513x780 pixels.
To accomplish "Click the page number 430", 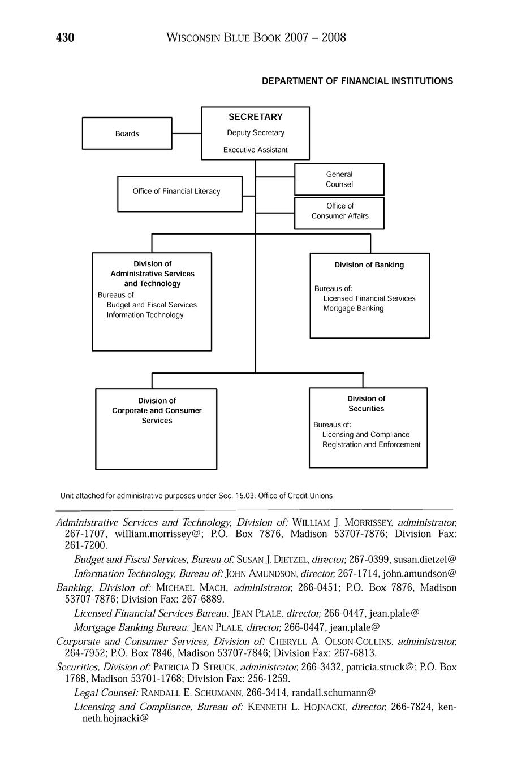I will point(65,38).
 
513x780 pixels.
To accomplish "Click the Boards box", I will point(127,133).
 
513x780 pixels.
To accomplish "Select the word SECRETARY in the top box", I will point(256,117).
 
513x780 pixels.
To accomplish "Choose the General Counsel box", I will point(339,179).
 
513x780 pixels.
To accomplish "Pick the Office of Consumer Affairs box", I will point(339,211).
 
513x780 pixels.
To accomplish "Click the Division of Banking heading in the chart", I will point(369,265).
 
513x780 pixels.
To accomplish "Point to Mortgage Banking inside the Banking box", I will point(354,309).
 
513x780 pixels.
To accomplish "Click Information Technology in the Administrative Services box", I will point(145,315).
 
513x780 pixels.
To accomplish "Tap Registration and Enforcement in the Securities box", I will point(372,445).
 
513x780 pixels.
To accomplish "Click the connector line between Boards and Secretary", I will point(187,133).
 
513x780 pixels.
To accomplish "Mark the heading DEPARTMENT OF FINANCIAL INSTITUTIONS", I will point(357,81).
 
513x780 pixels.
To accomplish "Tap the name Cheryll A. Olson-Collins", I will point(331,642).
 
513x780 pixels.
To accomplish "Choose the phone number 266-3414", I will point(266,692).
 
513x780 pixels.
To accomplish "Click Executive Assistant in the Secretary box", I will point(256,150).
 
